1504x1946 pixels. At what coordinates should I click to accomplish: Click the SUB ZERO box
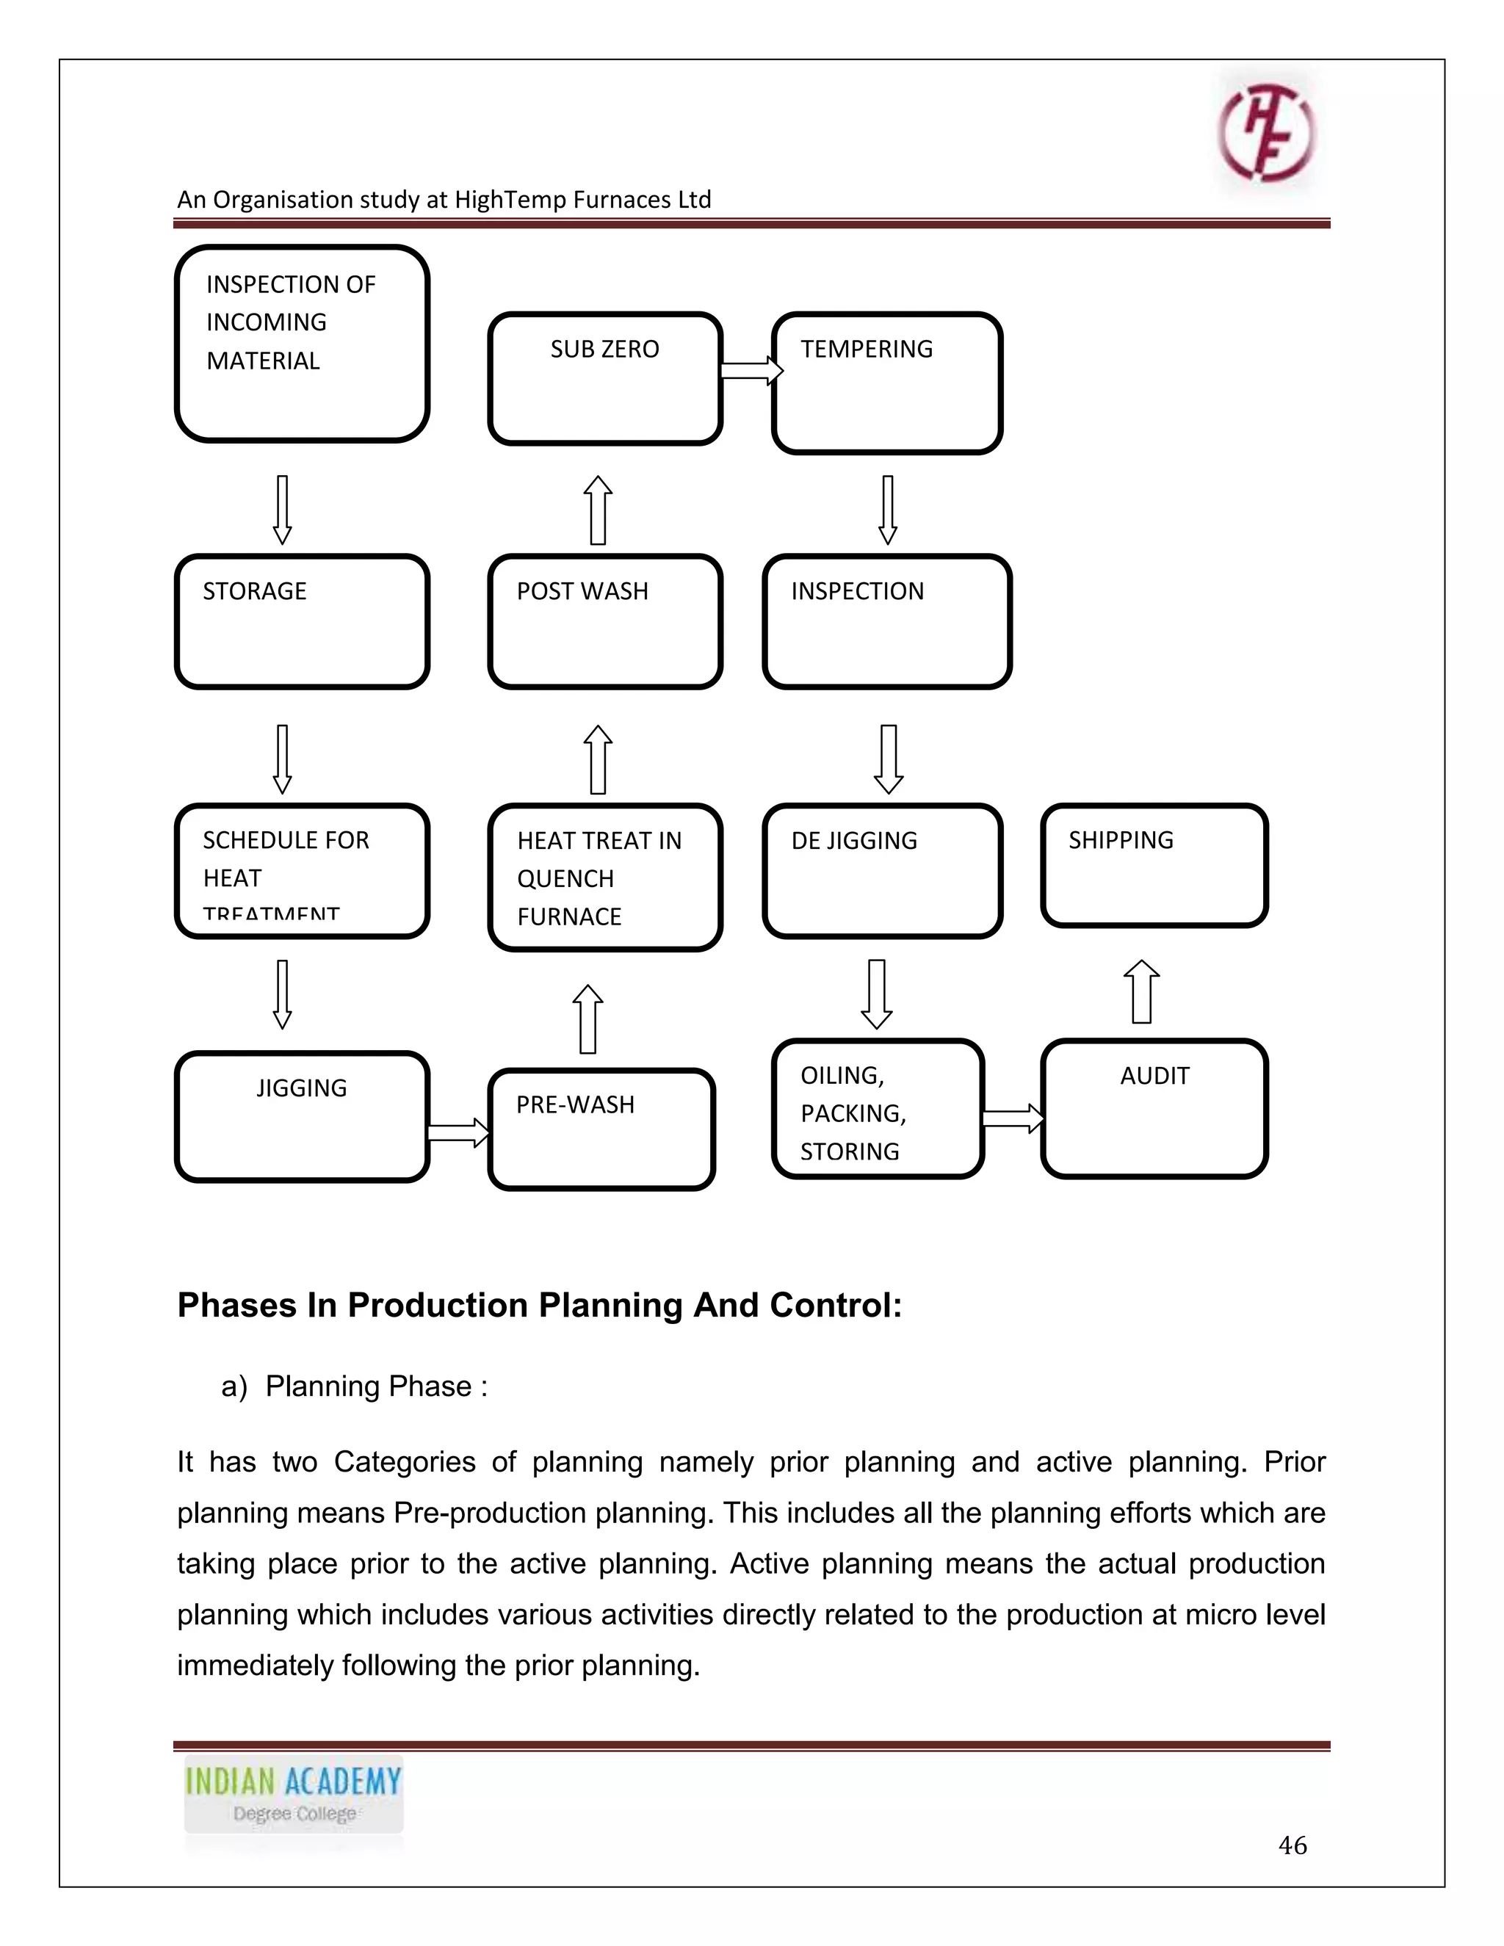[605, 379]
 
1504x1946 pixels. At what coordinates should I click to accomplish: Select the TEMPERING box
[886, 383]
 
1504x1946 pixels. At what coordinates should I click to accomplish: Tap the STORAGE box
[302, 621]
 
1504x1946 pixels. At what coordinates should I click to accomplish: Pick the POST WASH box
[605, 621]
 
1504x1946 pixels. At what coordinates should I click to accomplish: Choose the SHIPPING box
[1154, 865]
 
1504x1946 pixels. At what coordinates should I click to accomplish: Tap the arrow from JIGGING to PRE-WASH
[458, 1133]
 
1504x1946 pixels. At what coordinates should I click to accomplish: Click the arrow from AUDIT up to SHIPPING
[1141, 991]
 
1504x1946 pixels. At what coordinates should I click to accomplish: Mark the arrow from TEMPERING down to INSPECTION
[887, 510]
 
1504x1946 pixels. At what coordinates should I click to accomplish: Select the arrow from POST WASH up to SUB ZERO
[598, 510]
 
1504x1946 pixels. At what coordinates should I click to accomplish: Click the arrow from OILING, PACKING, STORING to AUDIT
[1013, 1118]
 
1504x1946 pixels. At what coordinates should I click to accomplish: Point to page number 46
[1292, 1845]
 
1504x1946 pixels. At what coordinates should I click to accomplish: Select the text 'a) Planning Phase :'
[355, 1386]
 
